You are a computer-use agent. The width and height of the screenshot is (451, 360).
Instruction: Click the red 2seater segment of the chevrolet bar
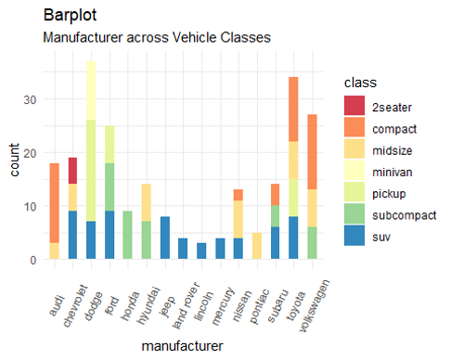(x=72, y=171)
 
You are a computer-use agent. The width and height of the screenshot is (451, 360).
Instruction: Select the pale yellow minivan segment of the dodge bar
(x=91, y=90)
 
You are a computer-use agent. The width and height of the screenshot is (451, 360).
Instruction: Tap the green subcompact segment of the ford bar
(x=110, y=186)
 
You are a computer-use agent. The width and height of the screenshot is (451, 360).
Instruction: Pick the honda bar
(x=127, y=235)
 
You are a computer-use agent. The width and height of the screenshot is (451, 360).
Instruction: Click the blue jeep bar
(x=165, y=238)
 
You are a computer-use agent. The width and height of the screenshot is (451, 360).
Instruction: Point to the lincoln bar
(x=201, y=251)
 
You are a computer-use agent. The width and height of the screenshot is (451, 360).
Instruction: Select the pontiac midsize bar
(x=257, y=246)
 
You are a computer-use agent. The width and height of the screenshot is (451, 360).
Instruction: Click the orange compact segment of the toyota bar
(x=293, y=109)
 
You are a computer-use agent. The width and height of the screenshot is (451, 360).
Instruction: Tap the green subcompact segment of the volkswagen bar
(x=312, y=243)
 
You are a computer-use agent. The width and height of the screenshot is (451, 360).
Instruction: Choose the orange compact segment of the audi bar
(x=55, y=203)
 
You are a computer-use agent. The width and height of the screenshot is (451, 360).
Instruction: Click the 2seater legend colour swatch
(x=354, y=106)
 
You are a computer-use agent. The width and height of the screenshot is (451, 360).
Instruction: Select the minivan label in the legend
(x=393, y=173)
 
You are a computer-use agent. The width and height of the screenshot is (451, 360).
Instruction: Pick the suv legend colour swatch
(x=354, y=236)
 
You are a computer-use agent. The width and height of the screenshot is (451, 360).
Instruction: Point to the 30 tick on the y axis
(x=30, y=100)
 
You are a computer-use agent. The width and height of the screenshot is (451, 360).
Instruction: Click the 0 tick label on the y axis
(x=33, y=260)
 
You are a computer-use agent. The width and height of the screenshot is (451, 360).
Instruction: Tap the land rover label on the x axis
(x=186, y=305)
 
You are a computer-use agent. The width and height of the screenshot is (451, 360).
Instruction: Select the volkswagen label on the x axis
(x=315, y=306)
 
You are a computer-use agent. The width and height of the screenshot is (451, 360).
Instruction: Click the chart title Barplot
(x=70, y=15)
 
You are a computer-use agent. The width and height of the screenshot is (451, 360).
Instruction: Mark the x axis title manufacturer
(x=182, y=346)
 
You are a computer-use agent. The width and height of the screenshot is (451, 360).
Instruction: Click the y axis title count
(x=14, y=160)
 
